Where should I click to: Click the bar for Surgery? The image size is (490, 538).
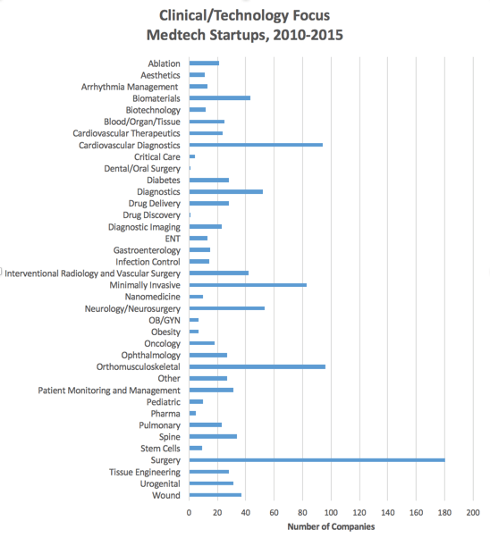317,459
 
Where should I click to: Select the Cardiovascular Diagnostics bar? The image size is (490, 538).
256,145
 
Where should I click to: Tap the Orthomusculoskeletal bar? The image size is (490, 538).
258,366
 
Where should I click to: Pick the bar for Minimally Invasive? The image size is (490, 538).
248,285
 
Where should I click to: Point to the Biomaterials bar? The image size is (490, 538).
220,98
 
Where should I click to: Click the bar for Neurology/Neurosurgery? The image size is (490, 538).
227,308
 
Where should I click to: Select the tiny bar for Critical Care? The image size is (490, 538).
192,156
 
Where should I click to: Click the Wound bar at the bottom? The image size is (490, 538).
215,495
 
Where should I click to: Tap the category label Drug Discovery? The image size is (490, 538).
151,215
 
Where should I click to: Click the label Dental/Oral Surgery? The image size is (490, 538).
142,169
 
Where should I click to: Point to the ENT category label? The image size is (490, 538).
173,239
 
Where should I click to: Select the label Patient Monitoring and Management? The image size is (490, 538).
109,391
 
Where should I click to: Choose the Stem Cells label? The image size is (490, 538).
160,449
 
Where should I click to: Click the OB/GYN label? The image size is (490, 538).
165,320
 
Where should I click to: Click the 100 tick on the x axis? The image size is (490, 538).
331,513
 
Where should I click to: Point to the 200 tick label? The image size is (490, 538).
473,513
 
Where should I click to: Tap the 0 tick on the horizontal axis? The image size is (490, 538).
190,513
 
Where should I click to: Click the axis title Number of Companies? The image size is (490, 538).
331,526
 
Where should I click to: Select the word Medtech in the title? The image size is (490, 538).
176,35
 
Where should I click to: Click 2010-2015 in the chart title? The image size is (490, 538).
308,35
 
